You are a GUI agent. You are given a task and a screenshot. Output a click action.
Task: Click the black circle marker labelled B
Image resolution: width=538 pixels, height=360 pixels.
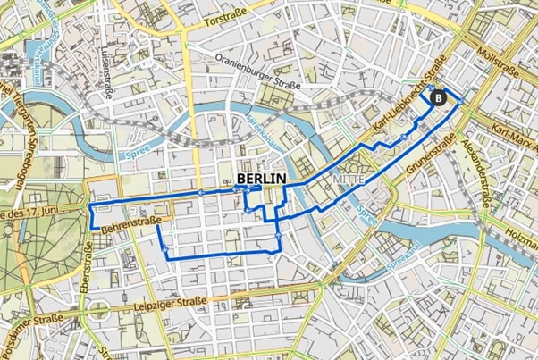[x=438, y=97]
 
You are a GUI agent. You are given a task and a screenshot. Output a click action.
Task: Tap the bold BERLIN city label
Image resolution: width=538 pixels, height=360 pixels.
[x=262, y=179]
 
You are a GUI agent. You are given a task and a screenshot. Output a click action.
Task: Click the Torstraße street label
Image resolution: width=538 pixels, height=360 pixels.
[x=224, y=19]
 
